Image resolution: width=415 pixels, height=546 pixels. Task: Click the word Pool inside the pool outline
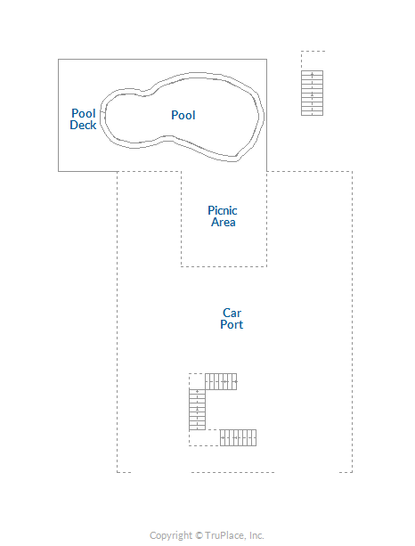(x=183, y=115)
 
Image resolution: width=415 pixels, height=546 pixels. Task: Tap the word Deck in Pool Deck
(x=83, y=125)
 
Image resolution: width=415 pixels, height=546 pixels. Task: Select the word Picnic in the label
(x=223, y=210)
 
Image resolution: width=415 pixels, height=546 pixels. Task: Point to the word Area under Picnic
(x=224, y=222)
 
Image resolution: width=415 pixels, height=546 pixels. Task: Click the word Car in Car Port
(x=232, y=313)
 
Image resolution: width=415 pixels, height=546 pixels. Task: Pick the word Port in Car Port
(x=232, y=324)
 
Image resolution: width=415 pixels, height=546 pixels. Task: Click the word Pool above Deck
(x=84, y=113)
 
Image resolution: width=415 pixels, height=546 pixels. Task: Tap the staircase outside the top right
(x=312, y=93)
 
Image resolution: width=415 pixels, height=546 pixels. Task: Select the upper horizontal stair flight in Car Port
(x=221, y=381)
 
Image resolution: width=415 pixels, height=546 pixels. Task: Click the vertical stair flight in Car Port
(x=197, y=410)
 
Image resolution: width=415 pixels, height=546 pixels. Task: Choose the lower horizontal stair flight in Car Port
(x=238, y=437)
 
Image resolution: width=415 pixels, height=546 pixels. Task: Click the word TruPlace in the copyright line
(x=225, y=535)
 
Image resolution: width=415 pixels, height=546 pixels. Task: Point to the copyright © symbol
(x=199, y=535)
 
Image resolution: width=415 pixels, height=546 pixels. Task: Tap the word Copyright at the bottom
(x=171, y=535)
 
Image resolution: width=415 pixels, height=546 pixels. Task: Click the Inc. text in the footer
(x=256, y=535)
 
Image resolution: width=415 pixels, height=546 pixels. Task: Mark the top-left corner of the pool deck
(x=58, y=59)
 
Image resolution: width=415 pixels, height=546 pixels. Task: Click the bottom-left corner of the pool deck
(x=58, y=171)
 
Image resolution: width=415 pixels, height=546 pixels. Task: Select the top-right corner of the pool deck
(x=266, y=59)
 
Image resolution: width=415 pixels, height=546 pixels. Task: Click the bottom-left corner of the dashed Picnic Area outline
(x=181, y=266)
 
